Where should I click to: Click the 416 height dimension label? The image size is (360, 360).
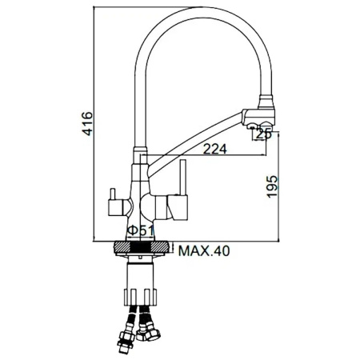[x=87, y=123]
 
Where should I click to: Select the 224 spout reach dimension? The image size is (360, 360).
[x=215, y=149]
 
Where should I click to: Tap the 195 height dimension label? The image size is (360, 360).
[x=273, y=186]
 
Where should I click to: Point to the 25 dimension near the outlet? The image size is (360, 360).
[x=263, y=134]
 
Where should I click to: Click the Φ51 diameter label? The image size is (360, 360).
[x=141, y=231]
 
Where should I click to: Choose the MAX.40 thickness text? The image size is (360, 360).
[x=204, y=251]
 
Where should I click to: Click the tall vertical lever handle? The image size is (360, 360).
[x=183, y=178]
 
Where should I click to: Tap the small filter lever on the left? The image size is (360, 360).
[x=113, y=194]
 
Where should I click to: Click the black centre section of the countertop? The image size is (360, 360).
[x=142, y=247]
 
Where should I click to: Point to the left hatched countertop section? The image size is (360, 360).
[x=123, y=247]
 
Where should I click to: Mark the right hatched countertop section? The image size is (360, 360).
[x=160, y=247]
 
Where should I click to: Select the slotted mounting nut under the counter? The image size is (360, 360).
[x=141, y=297]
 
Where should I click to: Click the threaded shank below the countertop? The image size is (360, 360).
[x=141, y=275]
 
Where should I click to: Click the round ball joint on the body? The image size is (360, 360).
[x=146, y=206]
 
